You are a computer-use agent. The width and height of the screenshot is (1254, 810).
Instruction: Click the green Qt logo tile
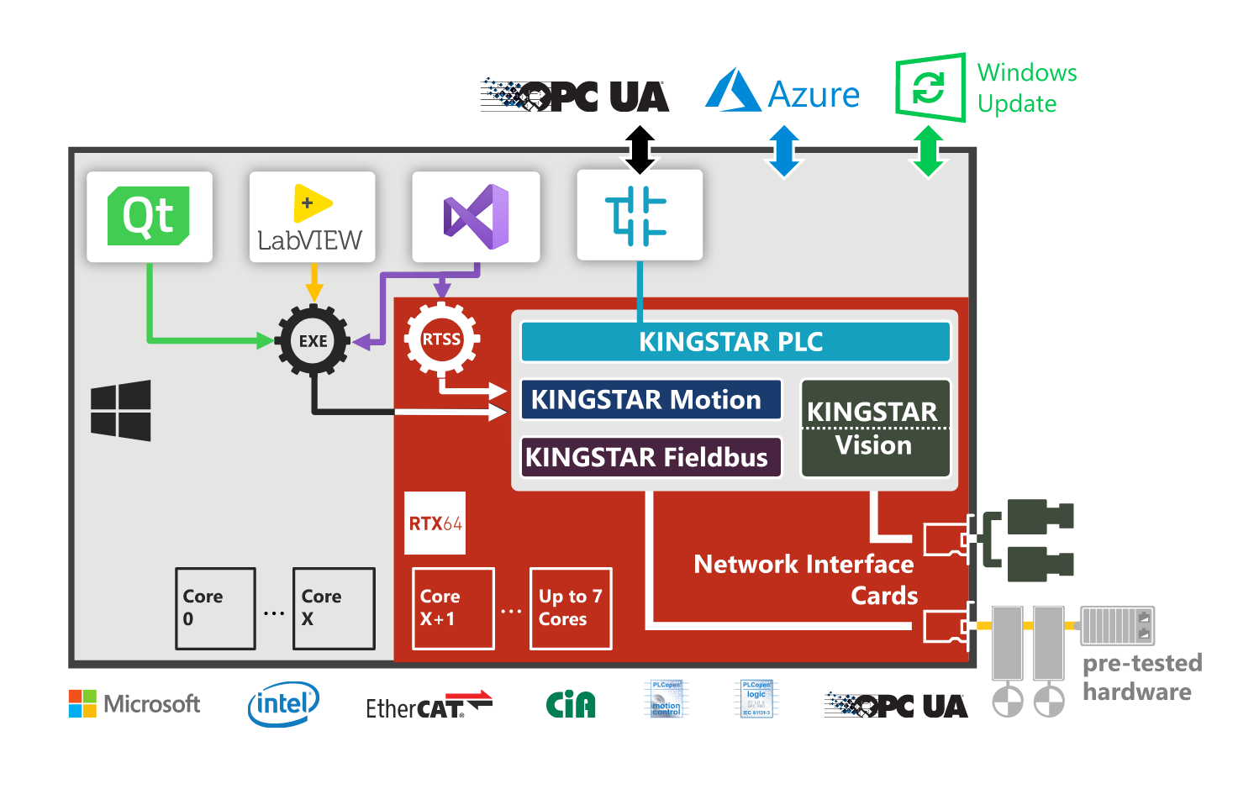pyautogui.click(x=149, y=217)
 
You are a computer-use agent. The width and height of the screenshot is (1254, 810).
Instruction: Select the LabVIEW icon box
pyautogui.click(x=312, y=218)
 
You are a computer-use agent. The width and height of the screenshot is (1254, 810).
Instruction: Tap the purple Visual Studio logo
pyautogui.click(x=476, y=217)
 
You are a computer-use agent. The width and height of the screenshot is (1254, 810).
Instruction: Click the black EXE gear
pyautogui.click(x=313, y=340)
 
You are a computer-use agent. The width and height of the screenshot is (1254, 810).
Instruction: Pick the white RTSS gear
pyautogui.click(x=441, y=339)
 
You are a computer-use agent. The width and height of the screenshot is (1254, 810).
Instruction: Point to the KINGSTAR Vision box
pyautogui.click(x=875, y=429)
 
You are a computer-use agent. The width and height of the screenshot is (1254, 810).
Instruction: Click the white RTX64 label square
pyautogui.click(x=435, y=523)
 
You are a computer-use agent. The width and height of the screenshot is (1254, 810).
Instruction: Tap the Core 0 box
pyautogui.click(x=215, y=608)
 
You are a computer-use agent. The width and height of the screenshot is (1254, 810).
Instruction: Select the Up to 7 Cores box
pyautogui.click(x=571, y=608)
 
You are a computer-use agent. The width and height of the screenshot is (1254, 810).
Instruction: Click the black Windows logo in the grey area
pyautogui.click(x=121, y=410)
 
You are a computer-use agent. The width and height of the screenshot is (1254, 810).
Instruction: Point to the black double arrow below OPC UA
pyautogui.click(x=640, y=150)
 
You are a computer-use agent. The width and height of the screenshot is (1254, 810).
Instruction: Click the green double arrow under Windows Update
pyautogui.click(x=928, y=151)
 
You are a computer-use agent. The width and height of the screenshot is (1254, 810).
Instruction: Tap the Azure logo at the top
pyautogui.click(x=782, y=92)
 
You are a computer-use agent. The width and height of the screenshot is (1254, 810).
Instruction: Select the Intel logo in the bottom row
pyautogui.click(x=283, y=704)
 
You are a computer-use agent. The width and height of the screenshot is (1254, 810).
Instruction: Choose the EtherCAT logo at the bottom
pyautogui.click(x=428, y=706)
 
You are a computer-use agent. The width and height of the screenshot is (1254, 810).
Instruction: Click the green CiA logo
pyautogui.click(x=571, y=704)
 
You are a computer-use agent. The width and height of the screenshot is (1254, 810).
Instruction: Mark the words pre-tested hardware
pyautogui.click(x=1141, y=677)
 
